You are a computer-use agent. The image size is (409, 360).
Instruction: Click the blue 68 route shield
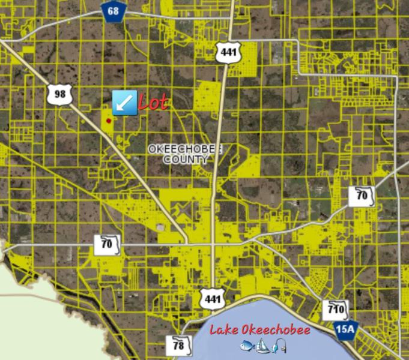pos(112,11)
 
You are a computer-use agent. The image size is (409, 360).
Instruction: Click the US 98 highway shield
pos(59,94)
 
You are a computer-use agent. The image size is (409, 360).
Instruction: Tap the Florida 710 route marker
pos(335,310)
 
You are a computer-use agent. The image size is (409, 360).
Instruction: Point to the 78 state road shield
pos(179,346)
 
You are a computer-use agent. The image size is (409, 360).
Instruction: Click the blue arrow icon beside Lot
pos(124,103)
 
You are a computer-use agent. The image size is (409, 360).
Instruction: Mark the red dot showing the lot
pos(109,121)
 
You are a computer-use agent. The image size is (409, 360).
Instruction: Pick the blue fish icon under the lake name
pos(248,346)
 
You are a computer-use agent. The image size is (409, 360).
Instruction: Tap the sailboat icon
pos(262,345)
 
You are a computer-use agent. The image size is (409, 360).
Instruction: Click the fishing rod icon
pos(278,346)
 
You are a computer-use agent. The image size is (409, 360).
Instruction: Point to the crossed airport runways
pos(183,210)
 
